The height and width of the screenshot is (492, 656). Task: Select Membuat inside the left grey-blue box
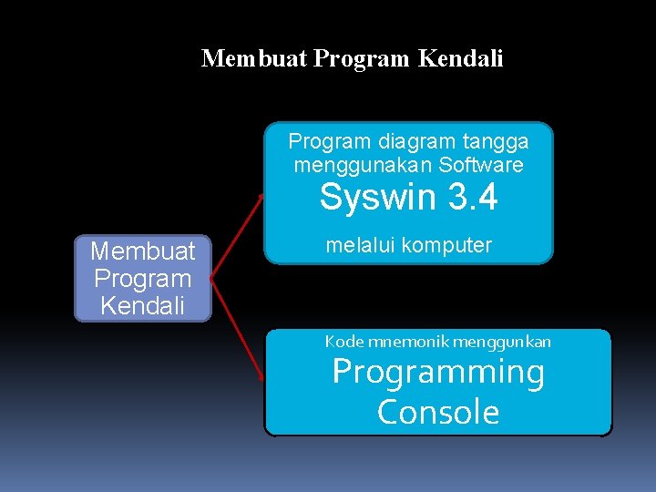pyautogui.click(x=143, y=251)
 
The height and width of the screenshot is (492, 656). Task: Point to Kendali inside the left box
pyautogui.click(x=143, y=305)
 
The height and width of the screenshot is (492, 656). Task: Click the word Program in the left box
pyautogui.click(x=143, y=278)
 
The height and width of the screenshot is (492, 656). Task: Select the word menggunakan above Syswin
pyautogui.click(x=363, y=165)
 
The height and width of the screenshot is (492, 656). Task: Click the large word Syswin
pyautogui.click(x=374, y=198)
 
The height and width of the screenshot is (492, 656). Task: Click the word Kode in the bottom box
pyautogui.click(x=343, y=342)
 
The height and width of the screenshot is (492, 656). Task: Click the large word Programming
pyautogui.click(x=438, y=373)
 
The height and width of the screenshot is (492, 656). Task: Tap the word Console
pyautogui.click(x=438, y=412)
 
